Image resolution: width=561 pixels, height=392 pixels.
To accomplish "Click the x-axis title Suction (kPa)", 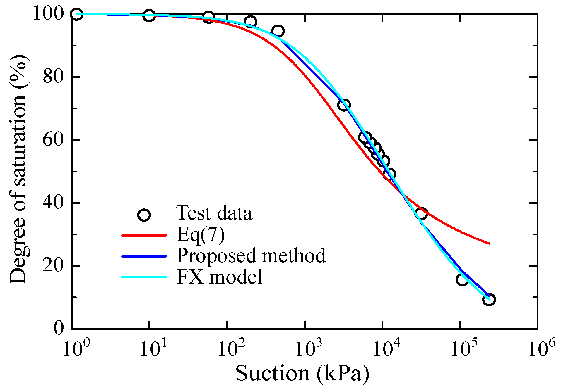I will [x=302, y=374].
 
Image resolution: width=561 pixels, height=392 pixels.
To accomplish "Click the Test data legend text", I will [x=214, y=213].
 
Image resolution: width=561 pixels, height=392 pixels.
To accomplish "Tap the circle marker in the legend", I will [x=144, y=215].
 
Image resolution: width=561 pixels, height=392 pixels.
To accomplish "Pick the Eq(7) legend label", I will [x=201, y=235].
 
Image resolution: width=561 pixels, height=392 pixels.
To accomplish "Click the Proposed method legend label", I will [x=251, y=256].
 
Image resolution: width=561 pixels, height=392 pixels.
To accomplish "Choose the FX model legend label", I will [x=220, y=277].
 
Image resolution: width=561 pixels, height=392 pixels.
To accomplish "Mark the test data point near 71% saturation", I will [x=344, y=105].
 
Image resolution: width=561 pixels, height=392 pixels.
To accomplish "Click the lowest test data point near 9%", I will [x=489, y=299].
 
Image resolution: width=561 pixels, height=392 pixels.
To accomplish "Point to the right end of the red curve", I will [x=489, y=243].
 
